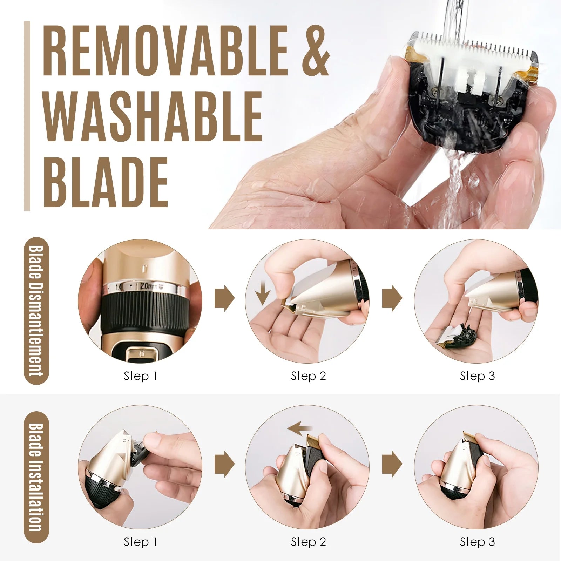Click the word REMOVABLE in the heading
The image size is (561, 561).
(x=165, y=50)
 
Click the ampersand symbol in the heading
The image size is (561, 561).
(x=315, y=50)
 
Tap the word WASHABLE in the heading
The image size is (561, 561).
(x=153, y=116)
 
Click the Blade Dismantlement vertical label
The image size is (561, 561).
(x=36, y=311)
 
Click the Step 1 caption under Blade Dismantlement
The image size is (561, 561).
(x=140, y=376)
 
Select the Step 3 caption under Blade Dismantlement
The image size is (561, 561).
(x=477, y=376)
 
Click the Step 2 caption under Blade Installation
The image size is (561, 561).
(x=308, y=542)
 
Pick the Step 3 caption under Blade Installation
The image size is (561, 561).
(x=477, y=542)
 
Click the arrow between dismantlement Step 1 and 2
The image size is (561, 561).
(x=224, y=298)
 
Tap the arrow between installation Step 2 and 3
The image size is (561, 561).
(x=392, y=464)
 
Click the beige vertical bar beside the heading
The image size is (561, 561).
(x=27, y=116)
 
